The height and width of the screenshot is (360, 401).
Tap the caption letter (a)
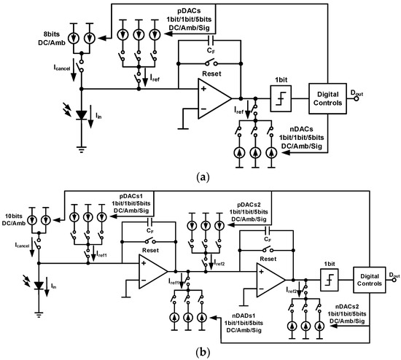[200, 175]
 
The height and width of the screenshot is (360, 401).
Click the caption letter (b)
[200, 351]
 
